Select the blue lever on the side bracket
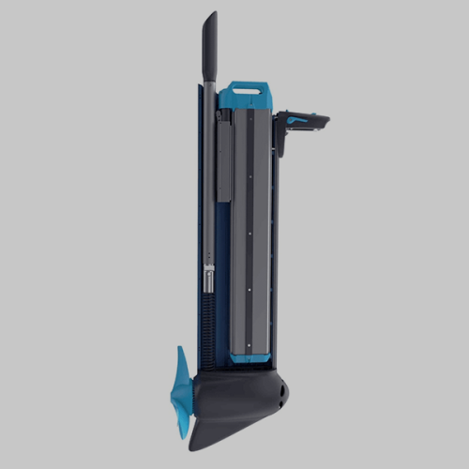(x=298, y=119)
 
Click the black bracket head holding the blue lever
(x=305, y=122)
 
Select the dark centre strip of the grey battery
(x=249, y=225)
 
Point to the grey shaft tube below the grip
(x=209, y=188)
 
